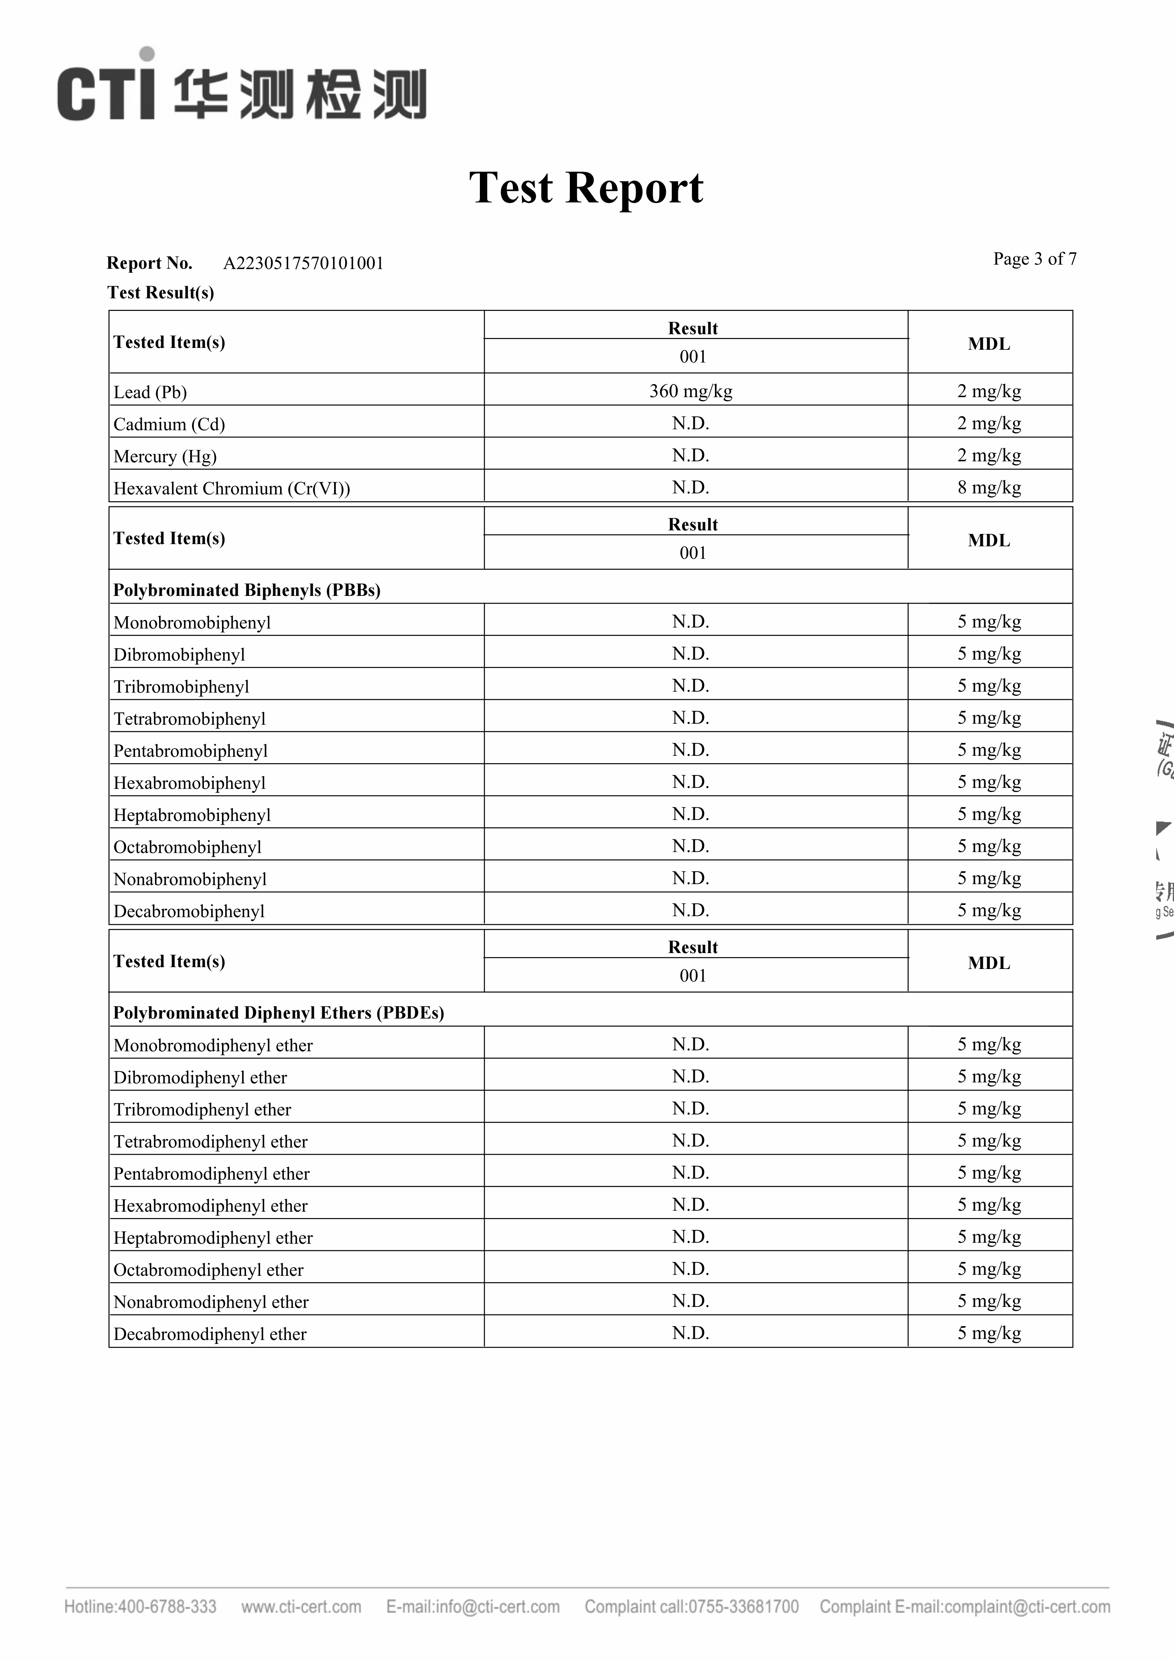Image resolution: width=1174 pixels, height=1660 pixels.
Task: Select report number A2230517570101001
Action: (x=303, y=263)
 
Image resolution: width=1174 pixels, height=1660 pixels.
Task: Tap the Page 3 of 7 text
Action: (x=1035, y=259)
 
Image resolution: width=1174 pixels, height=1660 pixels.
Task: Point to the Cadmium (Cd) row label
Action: (x=169, y=425)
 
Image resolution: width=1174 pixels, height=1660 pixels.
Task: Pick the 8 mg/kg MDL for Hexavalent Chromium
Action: (x=989, y=487)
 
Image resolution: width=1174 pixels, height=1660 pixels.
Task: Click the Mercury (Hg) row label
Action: (x=165, y=456)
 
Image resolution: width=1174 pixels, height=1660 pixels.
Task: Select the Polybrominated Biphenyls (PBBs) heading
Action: (x=246, y=590)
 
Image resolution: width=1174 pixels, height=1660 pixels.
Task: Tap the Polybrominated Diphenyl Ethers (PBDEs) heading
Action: (x=278, y=1013)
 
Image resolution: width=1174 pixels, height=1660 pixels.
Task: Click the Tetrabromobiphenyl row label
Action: (x=189, y=719)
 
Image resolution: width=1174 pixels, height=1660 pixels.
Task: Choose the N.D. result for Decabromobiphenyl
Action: (x=690, y=910)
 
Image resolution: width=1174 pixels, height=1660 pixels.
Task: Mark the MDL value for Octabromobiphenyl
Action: (x=989, y=846)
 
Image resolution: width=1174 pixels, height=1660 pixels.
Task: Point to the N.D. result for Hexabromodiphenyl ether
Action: (x=690, y=1204)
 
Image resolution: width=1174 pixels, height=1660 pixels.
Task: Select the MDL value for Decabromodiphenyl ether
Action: (x=989, y=1332)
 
